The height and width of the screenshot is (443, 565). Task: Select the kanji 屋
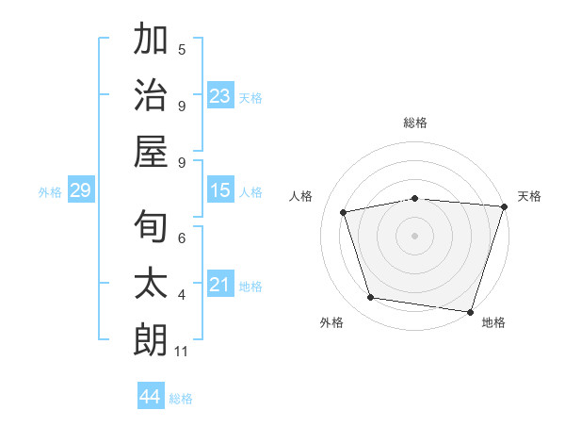pyautogui.click(x=151, y=151)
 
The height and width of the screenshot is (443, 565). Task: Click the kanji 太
pyautogui.click(x=151, y=284)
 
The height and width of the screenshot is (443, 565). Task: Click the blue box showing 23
pyautogui.click(x=220, y=96)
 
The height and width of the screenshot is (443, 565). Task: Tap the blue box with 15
pyautogui.click(x=220, y=191)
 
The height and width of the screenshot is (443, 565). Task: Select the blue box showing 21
pyautogui.click(x=220, y=286)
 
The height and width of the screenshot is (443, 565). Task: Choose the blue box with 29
pyautogui.click(x=80, y=191)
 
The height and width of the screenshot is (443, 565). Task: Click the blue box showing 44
pyautogui.click(x=150, y=397)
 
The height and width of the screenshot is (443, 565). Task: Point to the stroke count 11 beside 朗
pyautogui.click(x=182, y=352)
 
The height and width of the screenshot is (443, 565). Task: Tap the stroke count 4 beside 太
pyautogui.click(x=182, y=295)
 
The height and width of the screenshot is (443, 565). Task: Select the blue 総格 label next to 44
pyautogui.click(x=181, y=399)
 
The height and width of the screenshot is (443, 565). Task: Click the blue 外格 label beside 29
pyautogui.click(x=50, y=192)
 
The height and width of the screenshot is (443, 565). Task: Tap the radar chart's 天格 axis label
pyautogui.click(x=529, y=196)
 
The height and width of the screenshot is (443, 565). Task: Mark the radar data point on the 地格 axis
pyautogui.click(x=470, y=311)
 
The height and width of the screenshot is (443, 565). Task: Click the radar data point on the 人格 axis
pyautogui.click(x=344, y=212)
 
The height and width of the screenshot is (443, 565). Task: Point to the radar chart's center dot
pyautogui.click(x=414, y=235)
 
